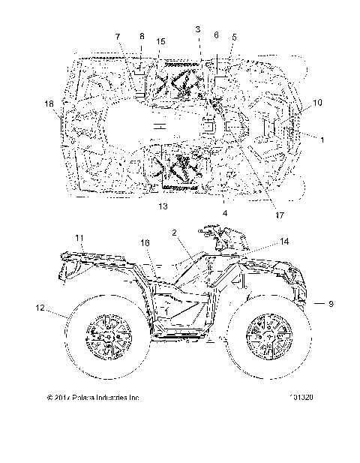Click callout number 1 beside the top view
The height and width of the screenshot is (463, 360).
(322, 139)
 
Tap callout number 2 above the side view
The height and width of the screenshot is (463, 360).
(173, 235)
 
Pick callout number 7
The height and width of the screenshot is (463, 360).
(118, 36)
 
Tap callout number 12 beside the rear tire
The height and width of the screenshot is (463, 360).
(39, 307)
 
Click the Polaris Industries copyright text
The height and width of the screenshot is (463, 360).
(93, 397)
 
